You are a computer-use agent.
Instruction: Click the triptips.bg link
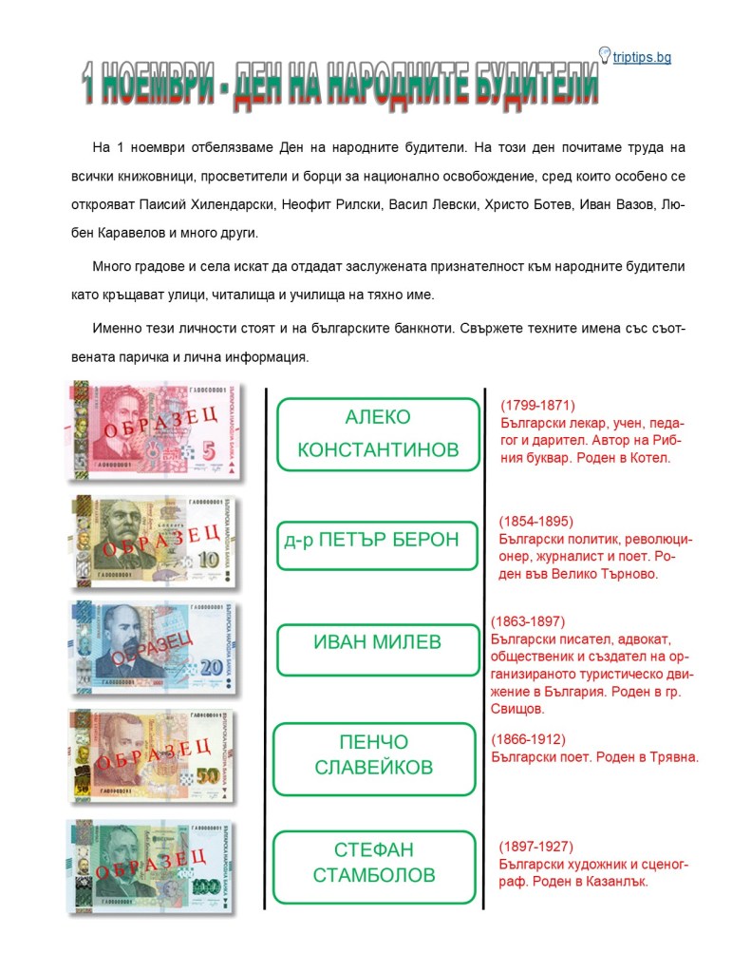[x=642, y=58]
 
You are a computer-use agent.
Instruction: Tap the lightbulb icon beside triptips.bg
[x=604, y=54]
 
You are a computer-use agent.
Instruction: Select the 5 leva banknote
[x=155, y=430]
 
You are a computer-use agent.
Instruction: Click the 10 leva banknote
[x=155, y=541]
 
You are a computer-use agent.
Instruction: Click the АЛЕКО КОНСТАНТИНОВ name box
[x=378, y=433]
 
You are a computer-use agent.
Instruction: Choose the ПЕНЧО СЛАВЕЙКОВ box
[x=374, y=756]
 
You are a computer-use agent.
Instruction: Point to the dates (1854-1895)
[x=536, y=522]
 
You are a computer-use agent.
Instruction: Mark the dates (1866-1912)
[x=528, y=739]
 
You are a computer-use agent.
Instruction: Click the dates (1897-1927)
[x=536, y=847]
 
